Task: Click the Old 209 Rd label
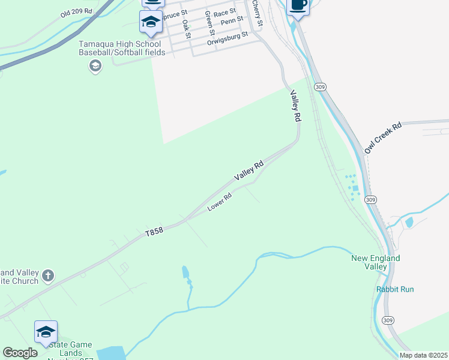(77, 12)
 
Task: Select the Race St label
(225, 13)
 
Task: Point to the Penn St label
(232, 21)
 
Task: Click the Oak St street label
(186, 29)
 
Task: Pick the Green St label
(209, 23)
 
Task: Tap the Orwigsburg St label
(228, 39)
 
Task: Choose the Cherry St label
(258, 14)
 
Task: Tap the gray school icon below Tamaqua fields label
(95, 66)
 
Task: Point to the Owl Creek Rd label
(382, 137)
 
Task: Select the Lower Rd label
(220, 202)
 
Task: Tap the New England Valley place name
(376, 263)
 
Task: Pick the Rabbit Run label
(395, 289)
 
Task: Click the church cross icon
(49, 276)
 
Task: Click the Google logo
(20, 353)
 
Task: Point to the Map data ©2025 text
(423, 355)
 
